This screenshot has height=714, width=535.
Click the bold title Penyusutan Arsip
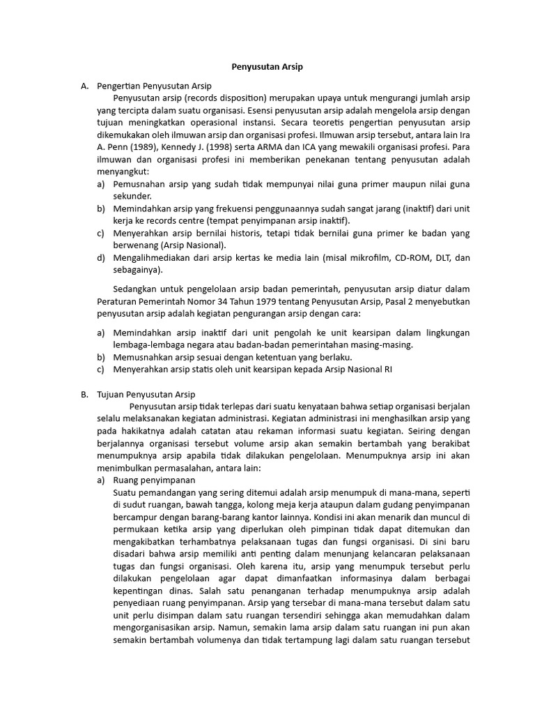(267, 67)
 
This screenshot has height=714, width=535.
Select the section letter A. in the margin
(84, 86)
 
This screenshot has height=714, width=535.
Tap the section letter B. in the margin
(84, 394)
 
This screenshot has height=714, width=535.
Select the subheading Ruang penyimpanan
(154, 480)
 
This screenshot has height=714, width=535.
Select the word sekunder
(132, 196)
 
